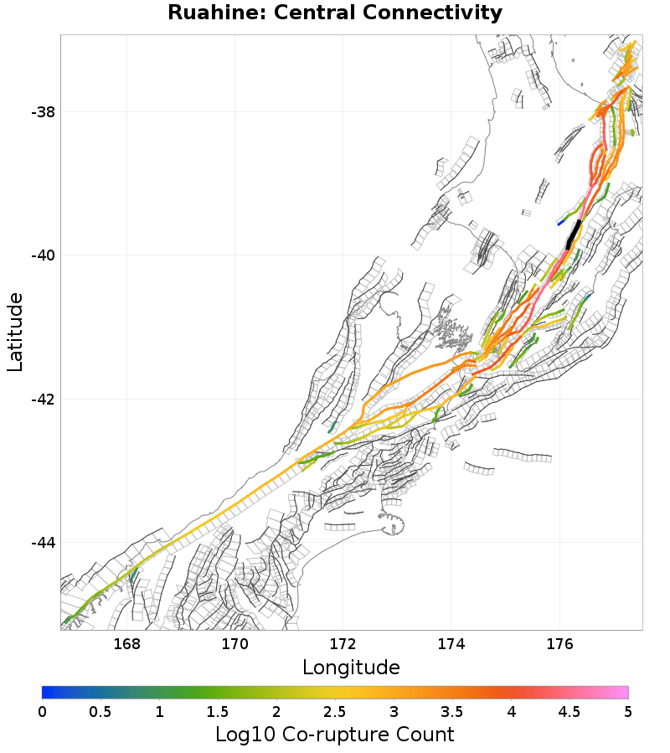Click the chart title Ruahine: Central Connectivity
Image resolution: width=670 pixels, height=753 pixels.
[x=335, y=13]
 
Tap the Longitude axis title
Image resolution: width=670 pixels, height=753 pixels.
[x=351, y=668]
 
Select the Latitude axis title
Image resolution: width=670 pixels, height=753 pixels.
[x=15, y=332]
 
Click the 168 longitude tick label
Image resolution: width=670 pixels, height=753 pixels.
[x=126, y=644]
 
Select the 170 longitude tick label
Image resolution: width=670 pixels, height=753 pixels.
[x=234, y=644]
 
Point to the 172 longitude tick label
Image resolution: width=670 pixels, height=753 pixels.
[x=343, y=644]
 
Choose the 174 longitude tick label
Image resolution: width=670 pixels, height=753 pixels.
[x=451, y=644]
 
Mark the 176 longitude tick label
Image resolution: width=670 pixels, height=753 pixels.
[x=559, y=644]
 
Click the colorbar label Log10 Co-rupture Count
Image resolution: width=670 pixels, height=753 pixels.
[x=334, y=735]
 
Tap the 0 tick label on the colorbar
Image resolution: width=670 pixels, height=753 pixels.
[x=42, y=711]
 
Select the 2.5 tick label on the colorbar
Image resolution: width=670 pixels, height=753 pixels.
[x=335, y=711]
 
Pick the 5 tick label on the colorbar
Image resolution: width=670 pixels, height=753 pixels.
[x=627, y=711]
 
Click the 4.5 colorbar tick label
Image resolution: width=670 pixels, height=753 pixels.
[x=569, y=711]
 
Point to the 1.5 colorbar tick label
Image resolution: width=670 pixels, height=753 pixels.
[x=218, y=711]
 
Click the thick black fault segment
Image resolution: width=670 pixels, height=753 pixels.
[x=573, y=234]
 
